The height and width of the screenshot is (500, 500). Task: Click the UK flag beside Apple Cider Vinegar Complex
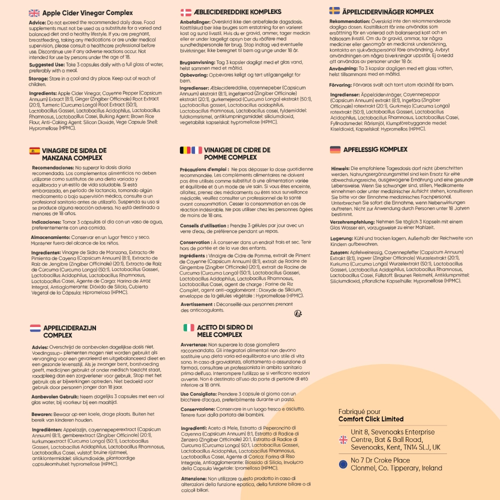tap(34, 13)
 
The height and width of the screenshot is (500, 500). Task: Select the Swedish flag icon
tap(334, 11)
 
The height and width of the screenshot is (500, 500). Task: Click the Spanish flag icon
tap(34, 150)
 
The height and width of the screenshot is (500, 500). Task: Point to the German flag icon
tap(335, 149)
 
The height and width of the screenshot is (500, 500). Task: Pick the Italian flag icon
tap(188, 327)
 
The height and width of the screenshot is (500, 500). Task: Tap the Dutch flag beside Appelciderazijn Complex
tap(35, 328)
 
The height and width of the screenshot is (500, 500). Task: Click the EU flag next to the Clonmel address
tap(343, 464)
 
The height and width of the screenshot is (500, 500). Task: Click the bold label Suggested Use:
tap(45, 65)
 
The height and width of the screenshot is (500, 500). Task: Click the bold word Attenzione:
tap(194, 478)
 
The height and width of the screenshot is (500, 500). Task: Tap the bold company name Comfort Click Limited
tap(370, 419)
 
